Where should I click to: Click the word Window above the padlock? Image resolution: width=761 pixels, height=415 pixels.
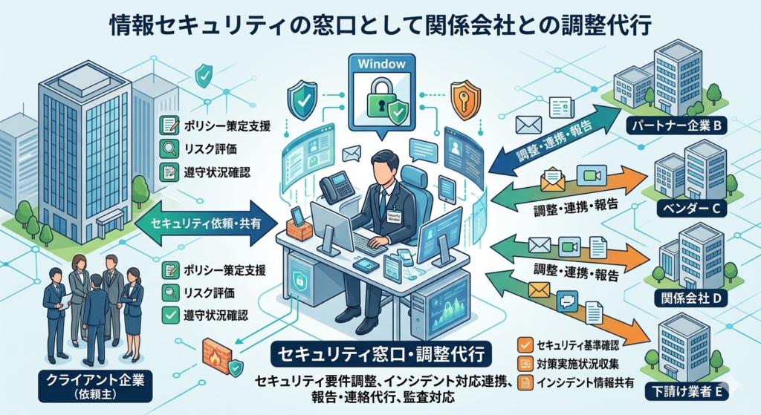point(381,64)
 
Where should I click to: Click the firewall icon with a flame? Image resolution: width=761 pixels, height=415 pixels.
point(218,352)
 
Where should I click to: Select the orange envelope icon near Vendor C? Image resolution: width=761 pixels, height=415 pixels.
point(552,179)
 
